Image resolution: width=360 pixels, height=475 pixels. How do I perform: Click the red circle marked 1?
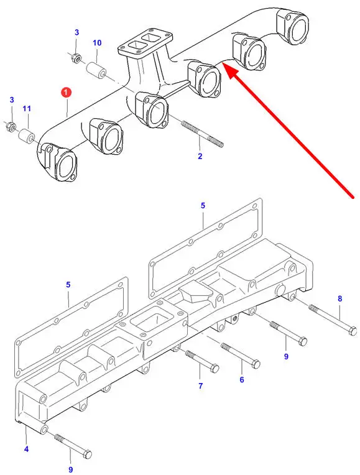[66, 93]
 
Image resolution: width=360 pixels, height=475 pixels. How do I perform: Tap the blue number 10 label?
[97, 43]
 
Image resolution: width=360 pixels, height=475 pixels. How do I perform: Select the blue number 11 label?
[27, 108]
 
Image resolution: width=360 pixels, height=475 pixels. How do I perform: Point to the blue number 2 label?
[200, 156]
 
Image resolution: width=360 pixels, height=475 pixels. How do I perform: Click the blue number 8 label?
[339, 298]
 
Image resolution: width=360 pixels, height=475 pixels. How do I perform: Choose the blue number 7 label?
[201, 386]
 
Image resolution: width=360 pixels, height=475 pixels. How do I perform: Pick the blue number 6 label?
[242, 380]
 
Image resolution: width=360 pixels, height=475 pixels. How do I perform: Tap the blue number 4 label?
[26, 449]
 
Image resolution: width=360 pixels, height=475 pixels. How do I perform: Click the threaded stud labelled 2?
[202, 134]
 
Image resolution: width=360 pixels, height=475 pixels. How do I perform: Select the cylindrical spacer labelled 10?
[96, 70]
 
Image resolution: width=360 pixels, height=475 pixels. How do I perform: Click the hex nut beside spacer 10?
[75, 58]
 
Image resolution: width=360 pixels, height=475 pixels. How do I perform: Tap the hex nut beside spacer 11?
[10, 126]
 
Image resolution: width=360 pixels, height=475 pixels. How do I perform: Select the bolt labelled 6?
[240, 356]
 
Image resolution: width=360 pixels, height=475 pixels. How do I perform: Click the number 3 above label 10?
[76, 32]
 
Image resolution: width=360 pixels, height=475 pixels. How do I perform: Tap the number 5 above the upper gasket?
[203, 205]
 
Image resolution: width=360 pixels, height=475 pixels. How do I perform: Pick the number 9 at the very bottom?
[70, 469]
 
